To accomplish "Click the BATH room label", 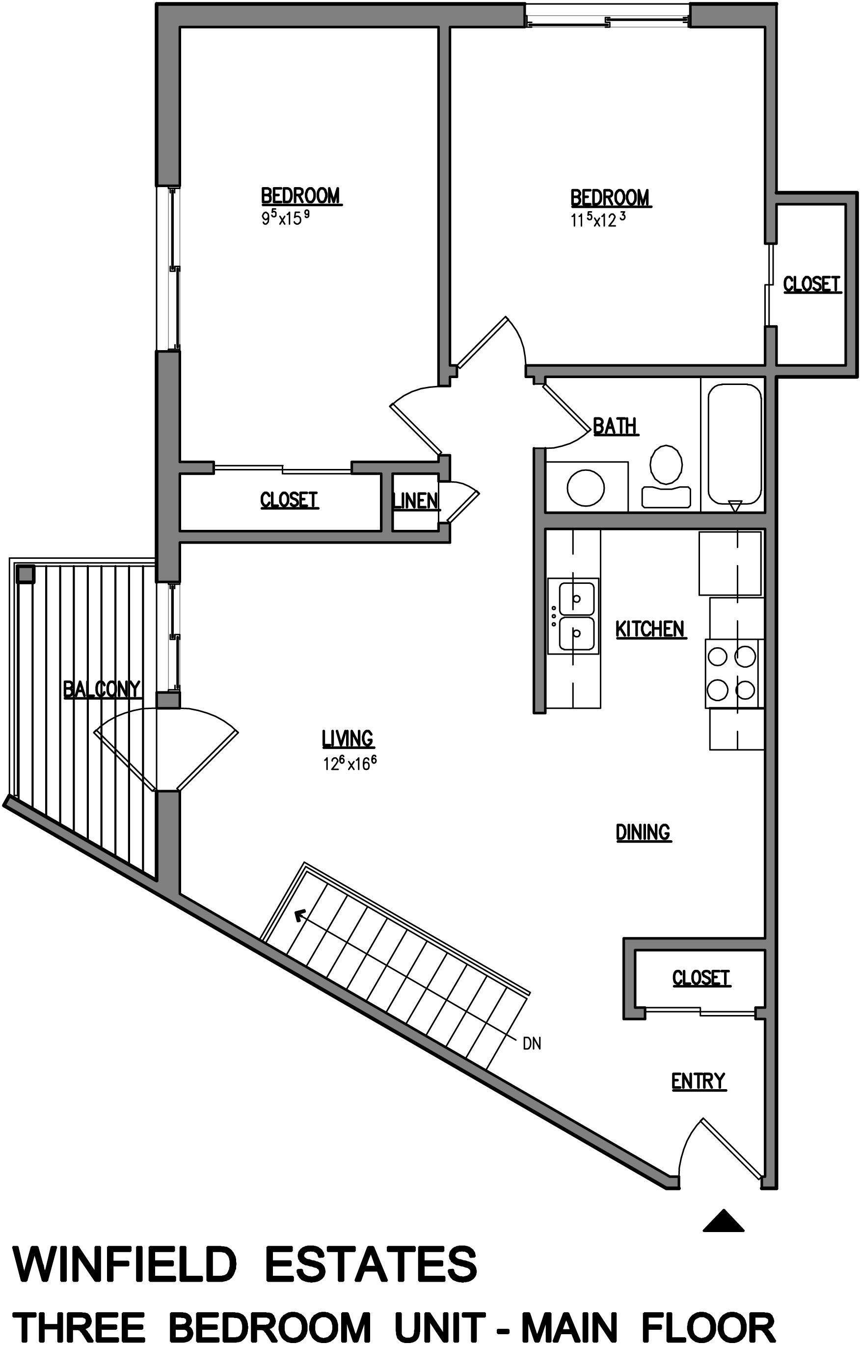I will pos(615,426).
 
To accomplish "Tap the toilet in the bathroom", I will pos(666,475).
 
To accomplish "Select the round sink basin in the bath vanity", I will pos(585,487).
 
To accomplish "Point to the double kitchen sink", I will pos(573,616).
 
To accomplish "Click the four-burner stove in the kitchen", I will pos(731,673).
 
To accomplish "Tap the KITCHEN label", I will pos(650,629).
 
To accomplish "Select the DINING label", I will pos(643,832).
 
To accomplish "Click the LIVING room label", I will pos(347,738).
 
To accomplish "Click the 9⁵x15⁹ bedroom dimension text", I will pos(285,218).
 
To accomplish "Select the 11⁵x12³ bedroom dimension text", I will pos(597,220).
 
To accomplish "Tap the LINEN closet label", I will pos(415,500).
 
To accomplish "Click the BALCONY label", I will pos(101,689).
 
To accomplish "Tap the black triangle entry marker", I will pos(723,1222).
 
